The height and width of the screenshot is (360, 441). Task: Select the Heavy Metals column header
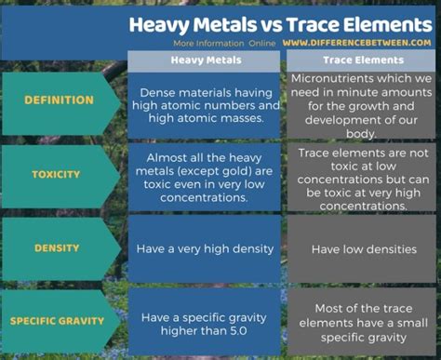point(204,60)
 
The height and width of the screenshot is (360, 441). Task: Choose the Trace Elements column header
point(360,60)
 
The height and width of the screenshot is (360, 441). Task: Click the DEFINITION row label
point(59,100)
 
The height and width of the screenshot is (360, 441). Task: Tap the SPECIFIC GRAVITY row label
point(59,322)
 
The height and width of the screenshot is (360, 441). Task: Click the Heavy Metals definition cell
point(204,106)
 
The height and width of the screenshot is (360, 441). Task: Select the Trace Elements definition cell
point(360,106)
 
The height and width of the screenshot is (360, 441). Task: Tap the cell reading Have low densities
point(358,248)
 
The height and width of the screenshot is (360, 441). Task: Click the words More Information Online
point(224,43)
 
